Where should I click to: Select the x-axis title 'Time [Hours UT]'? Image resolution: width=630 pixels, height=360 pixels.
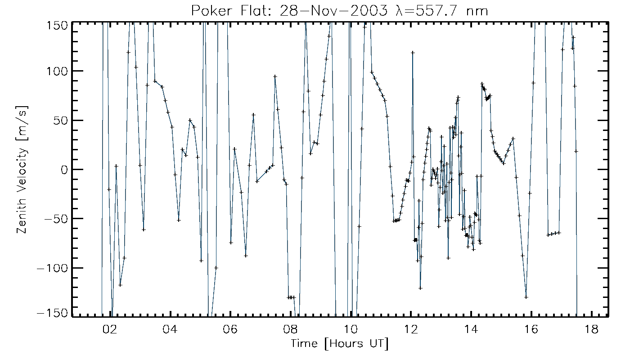[340, 344]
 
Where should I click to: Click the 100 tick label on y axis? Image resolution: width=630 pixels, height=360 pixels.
[58, 71]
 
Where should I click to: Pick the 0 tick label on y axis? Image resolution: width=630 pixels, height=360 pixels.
[64, 170]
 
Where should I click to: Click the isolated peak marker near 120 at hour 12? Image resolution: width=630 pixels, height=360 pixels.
[413, 53]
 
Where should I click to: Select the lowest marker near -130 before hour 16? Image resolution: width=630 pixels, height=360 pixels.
[526, 297]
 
